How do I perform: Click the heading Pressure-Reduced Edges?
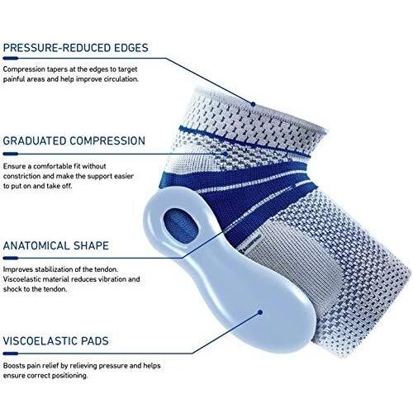pyautogui.click(x=76, y=48)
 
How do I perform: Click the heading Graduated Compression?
pyautogui.click(x=74, y=140)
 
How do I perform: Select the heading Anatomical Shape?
pyautogui.click(x=56, y=245)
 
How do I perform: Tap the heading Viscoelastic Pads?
pyautogui.click(x=55, y=341)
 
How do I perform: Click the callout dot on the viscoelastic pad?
pyautogui.click(x=260, y=312)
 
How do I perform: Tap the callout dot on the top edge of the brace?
pyautogui.click(x=253, y=104)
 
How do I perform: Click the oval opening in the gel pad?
pyautogui.click(x=181, y=226)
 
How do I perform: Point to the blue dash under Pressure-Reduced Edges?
pyautogui.click(x=11, y=59)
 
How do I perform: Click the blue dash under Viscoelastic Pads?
pyautogui.click(x=11, y=354)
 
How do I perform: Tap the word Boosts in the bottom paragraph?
pyautogui.click(x=14, y=366)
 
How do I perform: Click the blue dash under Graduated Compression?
pyautogui.click(x=11, y=154)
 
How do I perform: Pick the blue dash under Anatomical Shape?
pyautogui.click(x=11, y=259)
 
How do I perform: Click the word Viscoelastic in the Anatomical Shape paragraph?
pyautogui.click(x=21, y=279)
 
